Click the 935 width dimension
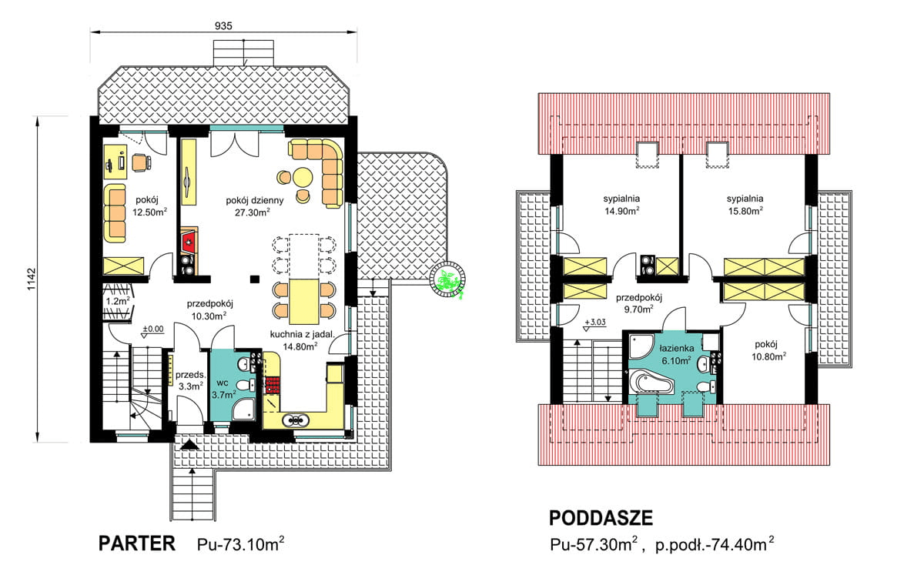[223, 26]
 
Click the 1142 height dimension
[32, 279]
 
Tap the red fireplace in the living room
[189, 243]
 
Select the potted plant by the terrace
[448, 280]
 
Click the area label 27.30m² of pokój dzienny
[253, 212]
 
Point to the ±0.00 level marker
[153, 329]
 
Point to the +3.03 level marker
[595, 323]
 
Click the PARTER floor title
[137, 543]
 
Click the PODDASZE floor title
[601, 518]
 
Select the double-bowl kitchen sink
[296, 420]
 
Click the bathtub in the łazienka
[651, 383]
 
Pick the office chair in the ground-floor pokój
[141, 162]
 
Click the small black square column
[255, 279]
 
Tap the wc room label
[223, 383]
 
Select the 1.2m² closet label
[118, 301]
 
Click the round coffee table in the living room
[303, 178]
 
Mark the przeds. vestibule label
[190, 375]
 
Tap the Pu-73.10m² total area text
[240, 544]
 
